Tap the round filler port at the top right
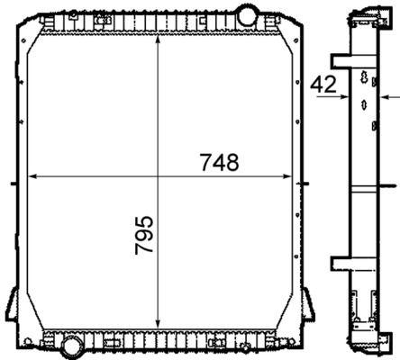click(246, 15)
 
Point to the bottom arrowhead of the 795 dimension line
click(159, 328)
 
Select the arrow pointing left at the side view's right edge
click(384, 96)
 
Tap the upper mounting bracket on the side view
click(342, 61)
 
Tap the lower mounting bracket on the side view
click(342, 264)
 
